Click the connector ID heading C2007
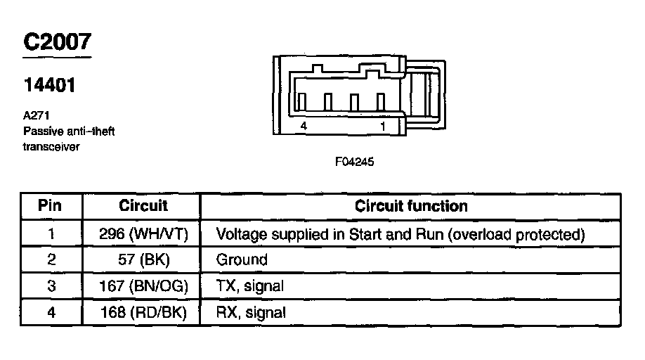(58, 41)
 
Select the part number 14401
(49, 86)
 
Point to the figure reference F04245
(355, 162)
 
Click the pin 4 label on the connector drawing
(303, 126)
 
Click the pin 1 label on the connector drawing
(383, 126)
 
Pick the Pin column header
(50, 206)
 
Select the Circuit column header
(143, 206)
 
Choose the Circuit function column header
(411, 206)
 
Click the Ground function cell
(242, 259)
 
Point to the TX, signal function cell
(250, 286)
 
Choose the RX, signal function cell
(251, 312)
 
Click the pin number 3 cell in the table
(51, 286)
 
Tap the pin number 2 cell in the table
(51, 259)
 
